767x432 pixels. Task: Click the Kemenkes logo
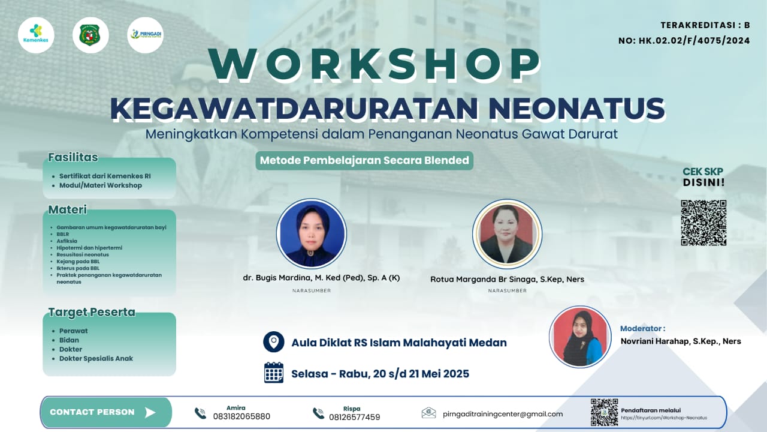(x=36, y=35)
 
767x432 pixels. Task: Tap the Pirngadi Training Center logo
(x=145, y=35)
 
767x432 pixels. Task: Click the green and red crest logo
(x=90, y=35)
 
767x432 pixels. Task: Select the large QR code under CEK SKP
(x=703, y=223)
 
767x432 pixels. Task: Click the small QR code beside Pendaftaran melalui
(x=604, y=412)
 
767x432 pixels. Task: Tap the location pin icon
(x=274, y=342)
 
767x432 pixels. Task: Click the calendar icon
(x=274, y=373)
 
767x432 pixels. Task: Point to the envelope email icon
(x=428, y=413)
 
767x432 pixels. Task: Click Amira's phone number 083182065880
(x=241, y=416)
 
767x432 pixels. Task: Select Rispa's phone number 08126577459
(x=354, y=416)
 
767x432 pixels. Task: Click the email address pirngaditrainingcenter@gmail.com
(x=503, y=413)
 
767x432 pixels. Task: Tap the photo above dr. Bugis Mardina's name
(x=312, y=233)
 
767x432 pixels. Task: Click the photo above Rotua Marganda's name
(x=507, y=233)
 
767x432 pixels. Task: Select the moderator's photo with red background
(x=580, y=337)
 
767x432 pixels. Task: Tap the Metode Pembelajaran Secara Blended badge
(x=364, y=160)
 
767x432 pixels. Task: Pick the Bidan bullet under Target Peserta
(x=69, y=340)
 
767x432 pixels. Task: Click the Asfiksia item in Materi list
(x=67, y=241)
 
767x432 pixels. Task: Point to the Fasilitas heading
(x=73, y=158)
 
